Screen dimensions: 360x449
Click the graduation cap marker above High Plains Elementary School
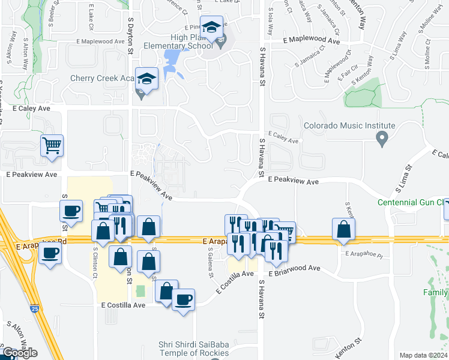pos(211,28)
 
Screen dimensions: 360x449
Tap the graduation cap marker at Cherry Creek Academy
pos(146,79)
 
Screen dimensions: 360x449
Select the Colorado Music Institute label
pos(349,126)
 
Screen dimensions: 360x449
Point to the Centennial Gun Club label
pos(413,202)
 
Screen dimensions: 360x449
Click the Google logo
pos(20,353)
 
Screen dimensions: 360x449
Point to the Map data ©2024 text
pos(423,355)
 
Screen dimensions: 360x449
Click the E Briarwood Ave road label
pos(294,269)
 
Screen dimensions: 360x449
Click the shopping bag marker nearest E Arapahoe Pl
pos(343,229)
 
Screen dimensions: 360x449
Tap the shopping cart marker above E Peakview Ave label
pos(52,145)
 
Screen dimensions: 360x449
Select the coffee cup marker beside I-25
pos(50,253)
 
